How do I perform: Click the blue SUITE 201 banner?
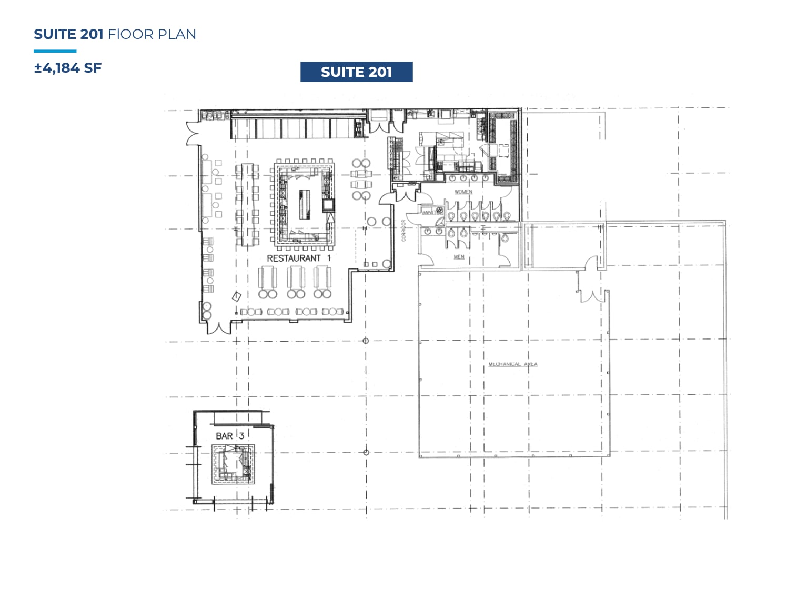pyautogui.click(x=356, y=72)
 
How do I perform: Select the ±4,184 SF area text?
pyautogui.click(x=68, y=68)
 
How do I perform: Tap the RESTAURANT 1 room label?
pyautogui.click(x=298, y=258)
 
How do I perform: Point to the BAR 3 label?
pyautogui.click(x=229, y=436)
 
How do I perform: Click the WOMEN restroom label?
pyautogui.click(x=463, y=192)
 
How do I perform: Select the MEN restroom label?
pyautogui.click(x=459, y=257)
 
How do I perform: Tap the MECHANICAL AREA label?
pyautogui.click(x=512, y=364)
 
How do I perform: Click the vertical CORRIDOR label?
pyautogui.click(x=404, y=231)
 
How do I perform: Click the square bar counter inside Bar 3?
pyautogui.click(x=233, y=464)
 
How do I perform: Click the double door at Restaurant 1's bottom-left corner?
pyautogui.click(x=218, y=327)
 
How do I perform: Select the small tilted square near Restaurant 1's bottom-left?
pyautogui.click(x=237, y=296)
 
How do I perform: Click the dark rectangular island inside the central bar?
pyautogui.click(x=305, y=204)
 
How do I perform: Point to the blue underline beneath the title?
pyautogui.click(x=55, y=51)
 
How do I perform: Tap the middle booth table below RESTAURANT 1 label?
pyautogui.click(x=296, y=277)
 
